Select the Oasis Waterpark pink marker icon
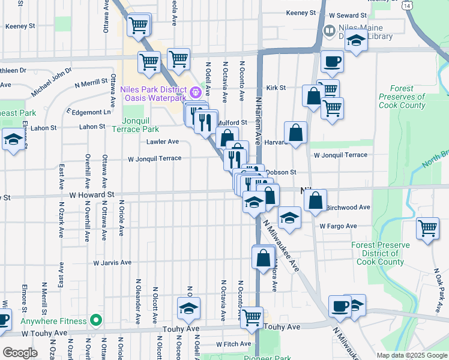(195, 92)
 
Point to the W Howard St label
(91, 195)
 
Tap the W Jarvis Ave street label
(112, 263)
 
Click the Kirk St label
(276, 88)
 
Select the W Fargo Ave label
(338, 226)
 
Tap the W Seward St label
(346, 15)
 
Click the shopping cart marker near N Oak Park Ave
(427, 228)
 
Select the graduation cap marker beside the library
(356, 41)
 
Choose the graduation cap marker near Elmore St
(13, 140)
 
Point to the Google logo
(20, 353)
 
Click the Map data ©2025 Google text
(411, 355)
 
